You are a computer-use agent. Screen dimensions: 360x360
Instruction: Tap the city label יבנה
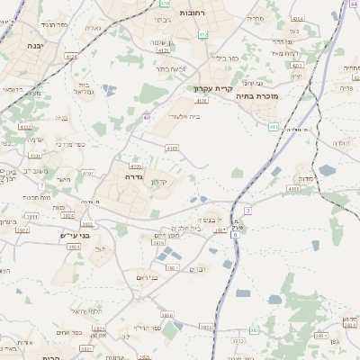[35, 45]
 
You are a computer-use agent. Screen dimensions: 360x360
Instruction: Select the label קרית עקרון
[213, 88]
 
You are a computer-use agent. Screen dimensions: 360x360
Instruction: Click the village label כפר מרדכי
[68, 144]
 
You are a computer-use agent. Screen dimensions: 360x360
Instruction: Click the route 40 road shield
[146, 117]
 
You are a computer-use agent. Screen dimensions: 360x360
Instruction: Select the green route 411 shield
[273, 127]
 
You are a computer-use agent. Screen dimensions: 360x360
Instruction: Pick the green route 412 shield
[202, 34]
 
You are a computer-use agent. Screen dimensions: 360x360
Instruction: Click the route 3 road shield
[247, 210]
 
